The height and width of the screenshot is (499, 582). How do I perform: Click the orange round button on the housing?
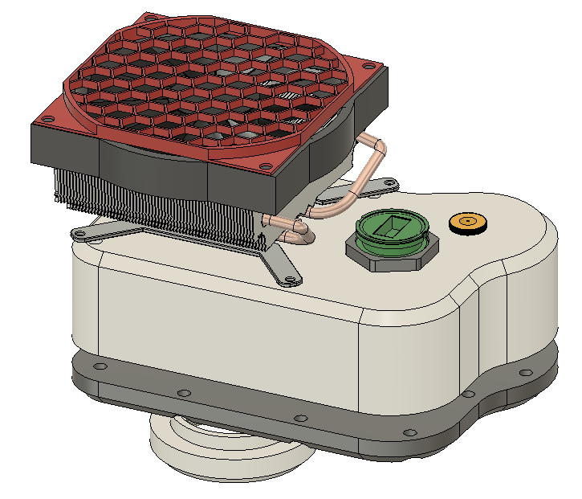tap(468, 223)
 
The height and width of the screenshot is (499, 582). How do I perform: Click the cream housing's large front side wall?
tap(233, 329)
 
